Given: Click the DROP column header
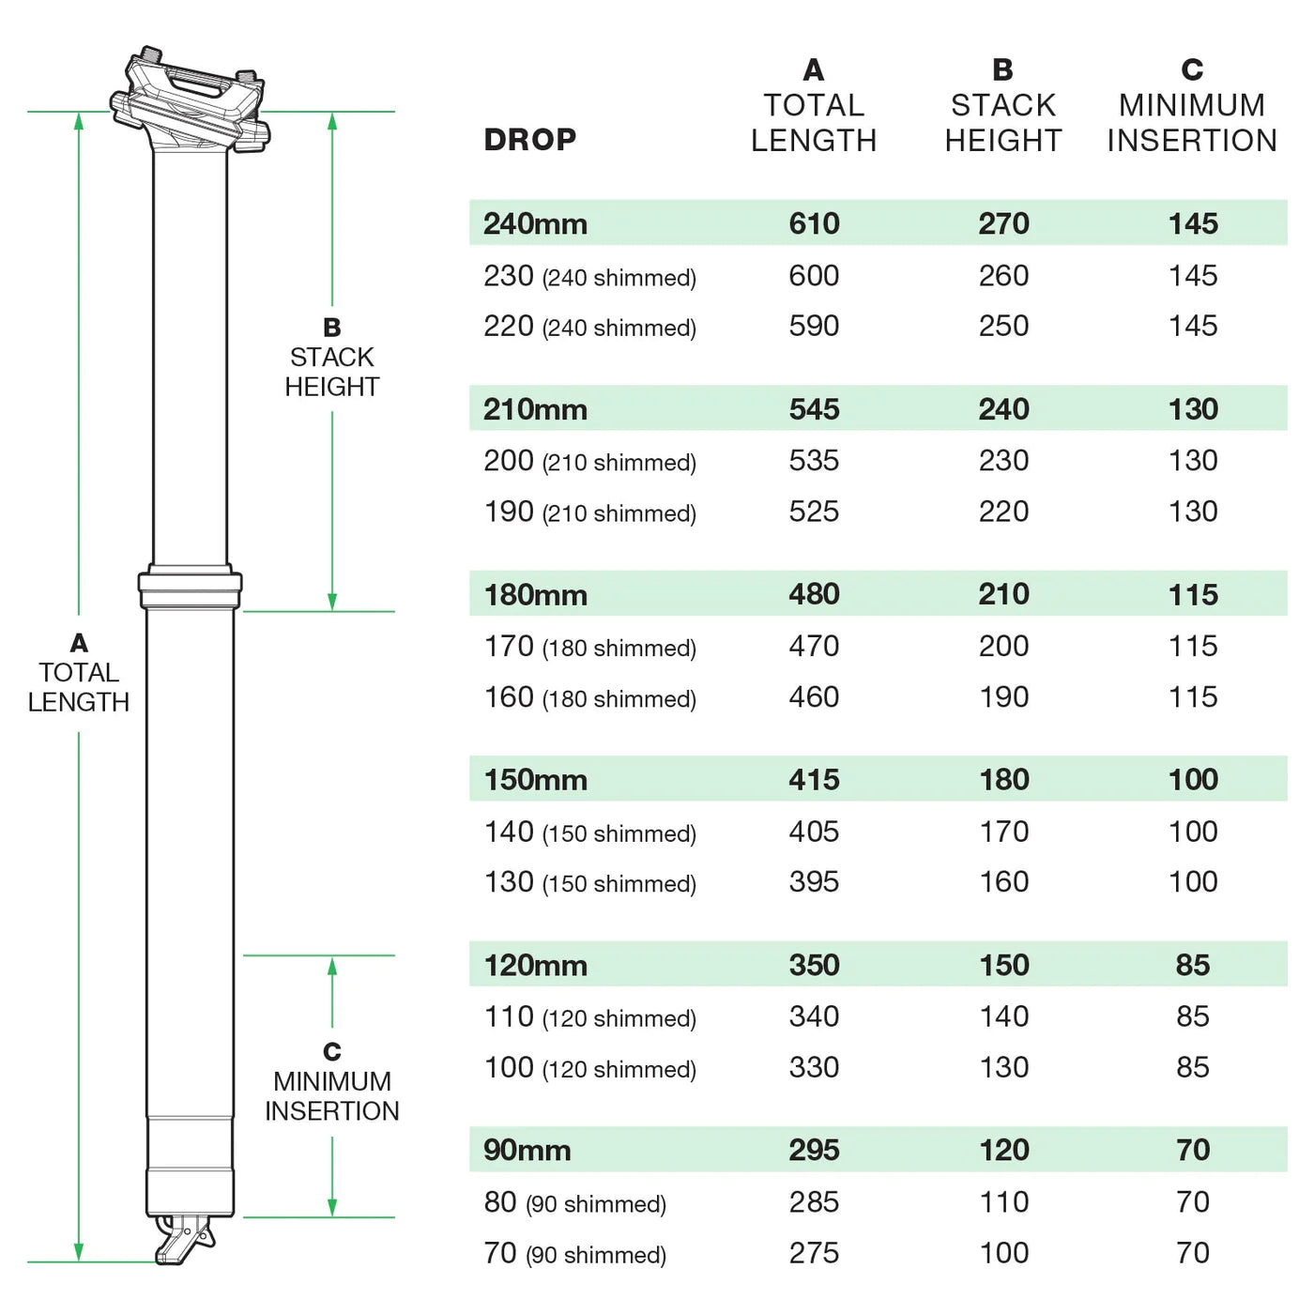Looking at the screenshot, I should pos(529,140).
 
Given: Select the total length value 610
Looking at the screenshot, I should pos(814,223).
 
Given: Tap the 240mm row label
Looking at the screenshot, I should pos(535,223).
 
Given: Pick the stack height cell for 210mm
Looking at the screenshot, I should pos(1003,409).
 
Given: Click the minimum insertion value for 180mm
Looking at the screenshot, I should pos(1192,594).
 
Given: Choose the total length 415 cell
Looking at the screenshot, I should pos(814,780).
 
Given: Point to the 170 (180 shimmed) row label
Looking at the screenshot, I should pos(589,647).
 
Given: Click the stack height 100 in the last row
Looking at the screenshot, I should pos(1003,1253).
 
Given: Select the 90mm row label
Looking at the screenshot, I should pos(527,1151).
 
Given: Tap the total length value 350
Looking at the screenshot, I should pos(814,965).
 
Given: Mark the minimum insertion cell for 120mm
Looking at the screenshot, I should pos(1192,965).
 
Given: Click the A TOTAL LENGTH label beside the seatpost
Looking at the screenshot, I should pos(79,673).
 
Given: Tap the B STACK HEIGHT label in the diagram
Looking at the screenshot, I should pos(331,358).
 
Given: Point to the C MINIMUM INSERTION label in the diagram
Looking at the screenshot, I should pos(331,1081).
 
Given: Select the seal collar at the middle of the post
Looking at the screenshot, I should pos(190,588).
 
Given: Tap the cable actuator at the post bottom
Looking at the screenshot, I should pos(185,1239).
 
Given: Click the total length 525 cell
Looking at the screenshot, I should pos(814,512).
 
